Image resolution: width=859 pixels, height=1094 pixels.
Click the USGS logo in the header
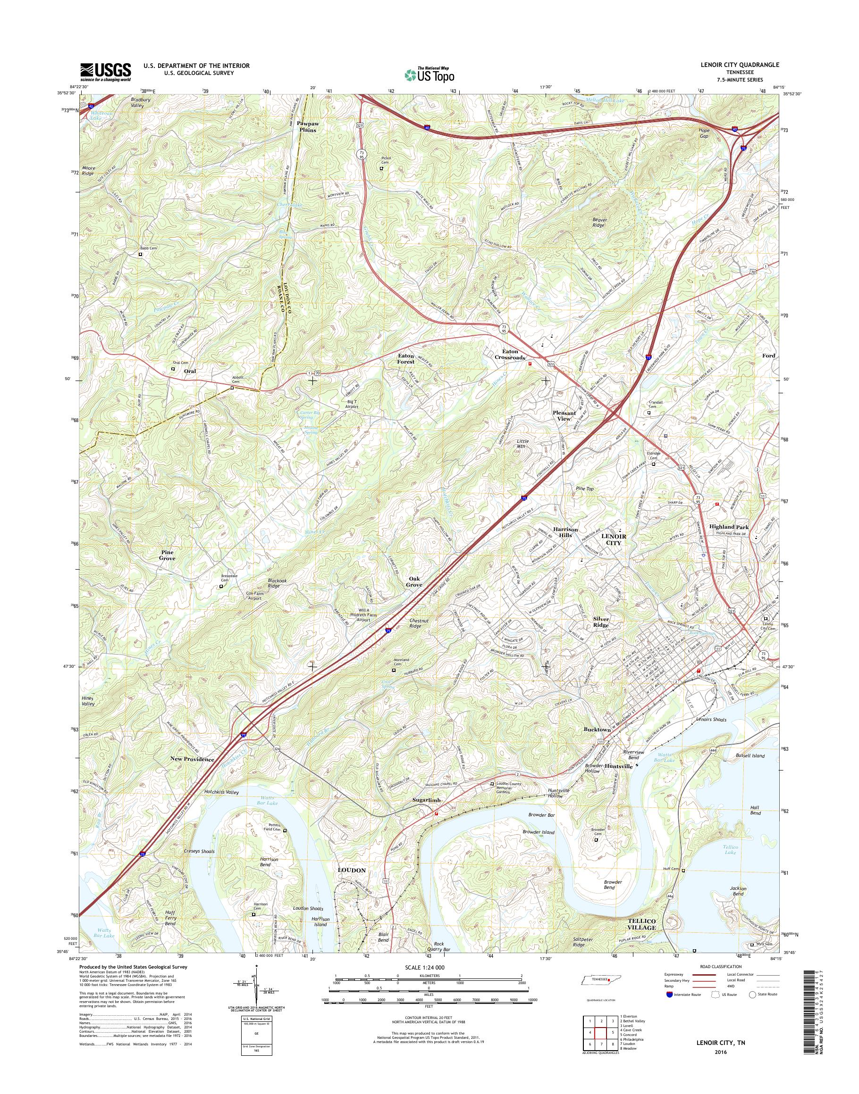tap(106, 72)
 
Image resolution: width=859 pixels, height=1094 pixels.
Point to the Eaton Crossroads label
tap(510, 354)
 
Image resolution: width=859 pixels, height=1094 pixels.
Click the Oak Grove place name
tap(414, 582)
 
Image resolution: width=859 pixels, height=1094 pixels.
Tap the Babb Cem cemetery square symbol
tap(141, 254)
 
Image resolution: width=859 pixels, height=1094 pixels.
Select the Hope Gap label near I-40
tap(704, 133)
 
